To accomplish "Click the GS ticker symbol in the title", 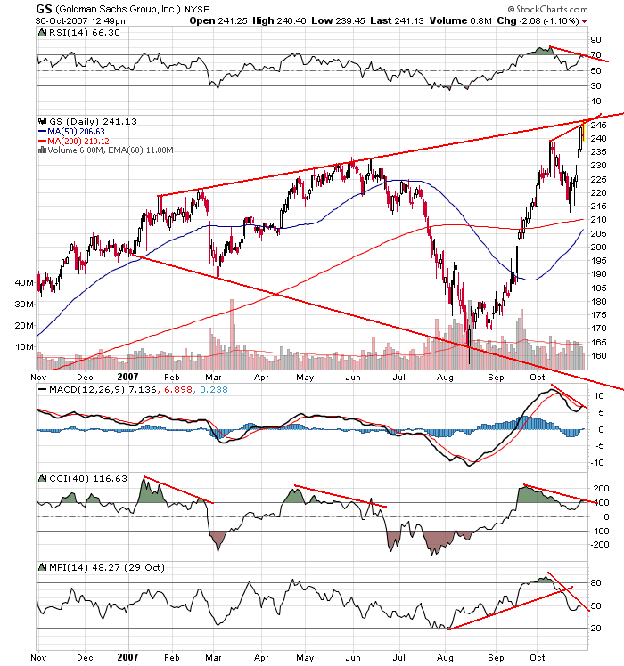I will tap(43, 8).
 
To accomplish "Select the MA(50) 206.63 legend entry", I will tap(79, 131).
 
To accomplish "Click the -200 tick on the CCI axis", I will tap(598, 544).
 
